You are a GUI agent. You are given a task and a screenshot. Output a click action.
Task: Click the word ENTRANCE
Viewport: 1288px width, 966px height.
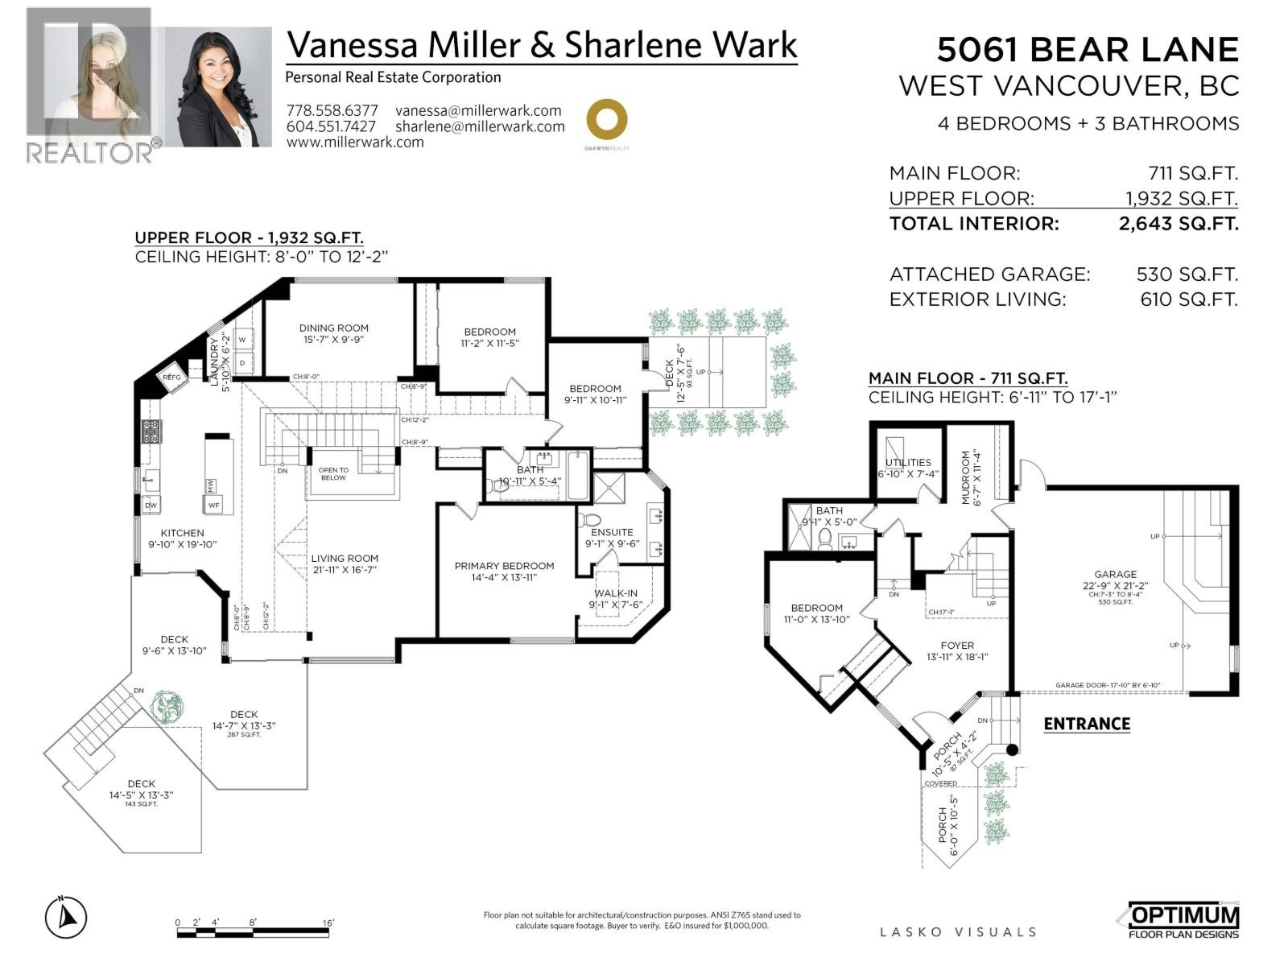point(1087,724)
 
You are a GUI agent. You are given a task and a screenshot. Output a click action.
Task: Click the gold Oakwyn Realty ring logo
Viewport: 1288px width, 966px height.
point(606,120)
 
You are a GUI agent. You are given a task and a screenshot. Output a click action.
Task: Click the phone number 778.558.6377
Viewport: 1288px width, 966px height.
point(332,111)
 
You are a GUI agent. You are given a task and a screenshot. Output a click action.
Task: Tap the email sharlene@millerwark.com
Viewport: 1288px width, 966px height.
point(480,126)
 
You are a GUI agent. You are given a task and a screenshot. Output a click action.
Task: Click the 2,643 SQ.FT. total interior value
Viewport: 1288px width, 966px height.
point(1178,224)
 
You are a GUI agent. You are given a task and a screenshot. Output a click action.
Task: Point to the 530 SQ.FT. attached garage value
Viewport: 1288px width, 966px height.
point(1187,275)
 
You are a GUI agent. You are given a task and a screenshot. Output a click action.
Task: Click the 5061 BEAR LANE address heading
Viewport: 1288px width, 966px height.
point(1087,50)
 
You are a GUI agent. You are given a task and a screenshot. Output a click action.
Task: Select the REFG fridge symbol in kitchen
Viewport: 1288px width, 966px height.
point(172,377)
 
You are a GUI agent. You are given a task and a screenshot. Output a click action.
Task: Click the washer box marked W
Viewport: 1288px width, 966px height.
point(242,340)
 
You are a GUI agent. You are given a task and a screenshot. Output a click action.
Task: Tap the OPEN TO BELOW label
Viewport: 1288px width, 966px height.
point(333,474)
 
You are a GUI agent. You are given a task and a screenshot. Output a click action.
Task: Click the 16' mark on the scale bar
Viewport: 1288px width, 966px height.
point(328,923)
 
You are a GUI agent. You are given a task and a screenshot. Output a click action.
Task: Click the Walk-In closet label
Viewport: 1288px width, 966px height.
point(616,599)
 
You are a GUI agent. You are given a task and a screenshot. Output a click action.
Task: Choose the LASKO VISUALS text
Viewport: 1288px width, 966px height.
point(957,932)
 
